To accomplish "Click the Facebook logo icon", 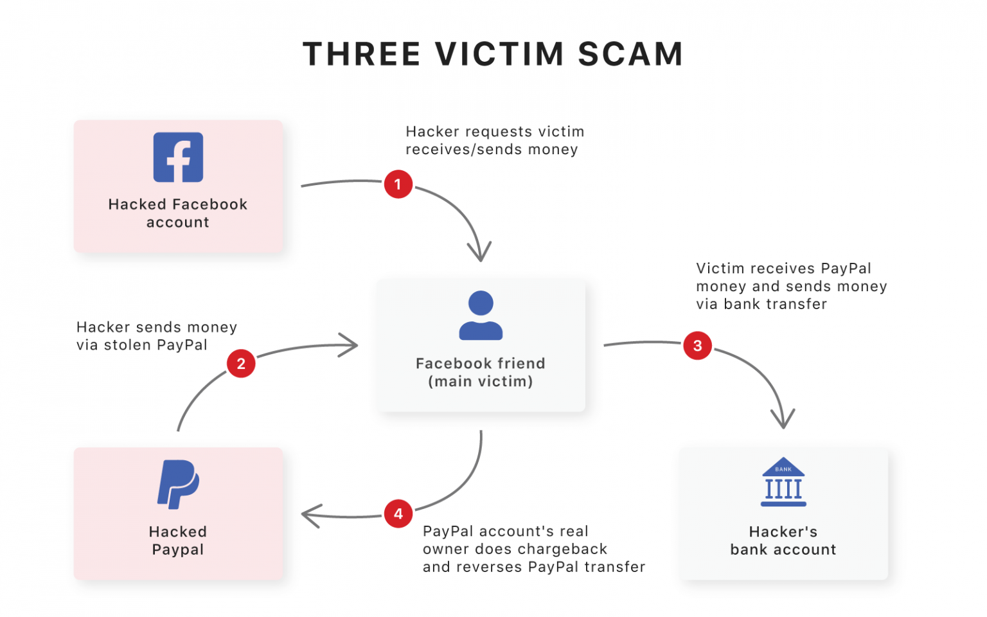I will [x=178, y=157].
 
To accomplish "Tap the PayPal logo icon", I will [x=178, y=485].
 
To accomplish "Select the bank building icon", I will [x=783, y=482].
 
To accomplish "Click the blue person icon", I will [x=481, y=315].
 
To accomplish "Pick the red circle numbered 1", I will [x=398, y=184].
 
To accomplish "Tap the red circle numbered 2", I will [x=241, y=364].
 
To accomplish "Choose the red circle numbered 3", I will [x=698, y=346].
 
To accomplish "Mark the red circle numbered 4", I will [x=398, y=514].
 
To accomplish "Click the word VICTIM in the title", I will [x=499, y=54].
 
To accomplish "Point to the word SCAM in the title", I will [x=630, y=54].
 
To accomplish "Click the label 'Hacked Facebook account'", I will [x=178, y=213].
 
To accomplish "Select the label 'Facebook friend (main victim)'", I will [x=481, y=372].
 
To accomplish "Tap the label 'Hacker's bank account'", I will [x=783, y=541].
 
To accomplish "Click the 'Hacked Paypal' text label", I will [x=178, y=541].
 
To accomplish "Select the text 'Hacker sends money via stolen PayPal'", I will [x=157, y=336].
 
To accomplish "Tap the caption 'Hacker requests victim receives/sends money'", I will [x=495, y=141].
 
